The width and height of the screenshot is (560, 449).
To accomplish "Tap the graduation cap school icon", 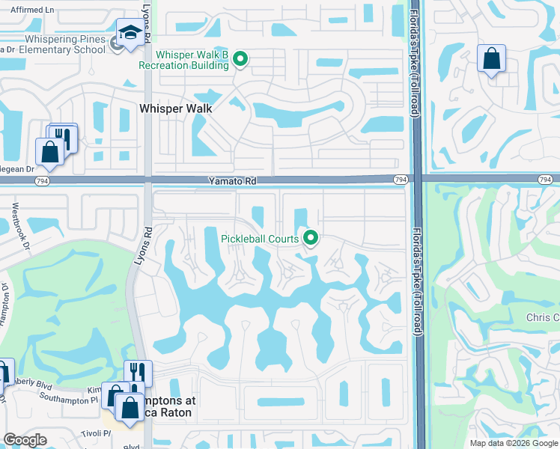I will pos(130,33).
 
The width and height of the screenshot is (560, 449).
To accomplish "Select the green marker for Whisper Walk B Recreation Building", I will pos(240,58).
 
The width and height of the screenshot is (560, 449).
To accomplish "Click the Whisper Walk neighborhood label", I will pos(175,109).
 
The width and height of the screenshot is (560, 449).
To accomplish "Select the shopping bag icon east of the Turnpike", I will pos(492,58).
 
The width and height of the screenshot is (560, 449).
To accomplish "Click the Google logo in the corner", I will pos(25,440).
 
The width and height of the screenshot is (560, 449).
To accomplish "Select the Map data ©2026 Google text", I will pos(514,443).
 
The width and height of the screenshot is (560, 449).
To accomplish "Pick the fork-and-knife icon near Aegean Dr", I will pos(63,137).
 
